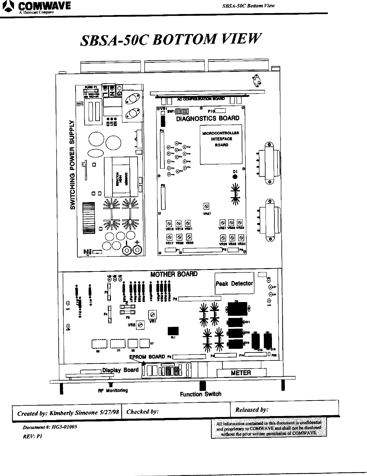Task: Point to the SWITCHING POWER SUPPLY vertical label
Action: pyautogui.click(x=73, y=165)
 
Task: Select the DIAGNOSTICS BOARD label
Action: pyautogui.click(x=207, y=118)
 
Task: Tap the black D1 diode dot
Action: pyautogui.click(x=235, y=177)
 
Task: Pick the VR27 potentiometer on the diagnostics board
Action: pyautogui.click(x=207, y=207)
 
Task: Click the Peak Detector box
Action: pyautogui.click(x=234, y=283)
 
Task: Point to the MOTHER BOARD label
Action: pyautogui.click(x=174, y=274)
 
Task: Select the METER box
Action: pyautogui.click(x=241, y=373)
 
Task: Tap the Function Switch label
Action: pyautogui.click(x=200, y=394)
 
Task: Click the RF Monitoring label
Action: pyautogui.click(x=112, y=390)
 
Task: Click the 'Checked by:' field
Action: pyautogui.click(x=175, y=411)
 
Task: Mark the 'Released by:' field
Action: pyautogui.click(x=284, y=410)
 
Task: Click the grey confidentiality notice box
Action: pyautogui.click(x=269, y=428)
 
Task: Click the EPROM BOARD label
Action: pyautogui.click(x=147, y=357)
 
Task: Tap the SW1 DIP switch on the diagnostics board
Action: pyautogui.click(x=182, y=111)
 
